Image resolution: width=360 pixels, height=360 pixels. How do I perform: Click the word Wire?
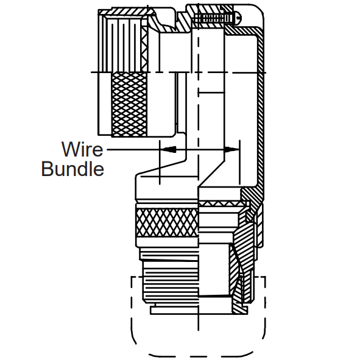82,149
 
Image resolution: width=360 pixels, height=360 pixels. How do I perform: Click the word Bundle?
72,169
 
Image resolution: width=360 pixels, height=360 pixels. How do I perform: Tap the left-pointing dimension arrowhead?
168,149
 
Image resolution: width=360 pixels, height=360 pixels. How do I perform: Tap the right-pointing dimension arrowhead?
231,149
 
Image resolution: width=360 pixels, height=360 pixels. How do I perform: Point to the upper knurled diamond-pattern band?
129,104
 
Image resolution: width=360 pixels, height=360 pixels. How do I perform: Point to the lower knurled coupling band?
167,222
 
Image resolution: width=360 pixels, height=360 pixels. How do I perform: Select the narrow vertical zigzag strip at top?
144,49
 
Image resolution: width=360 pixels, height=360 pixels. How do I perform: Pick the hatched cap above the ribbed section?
129,12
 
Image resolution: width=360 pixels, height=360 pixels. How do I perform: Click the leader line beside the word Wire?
133,149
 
